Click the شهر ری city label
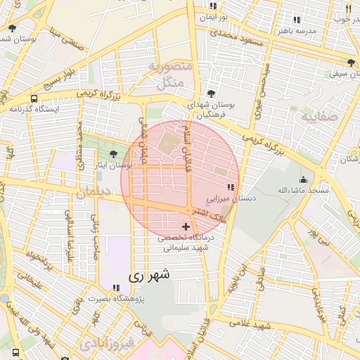click(x=150, y=276)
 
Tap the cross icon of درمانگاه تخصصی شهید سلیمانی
click(x=186, y=226)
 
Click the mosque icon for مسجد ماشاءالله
click(x=303, y=179)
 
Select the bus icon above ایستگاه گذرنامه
click(x=34, y=98)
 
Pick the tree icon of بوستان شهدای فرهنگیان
click(x=211, y=93)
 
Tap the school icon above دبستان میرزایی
click(x=231, y=188)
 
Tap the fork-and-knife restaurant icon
click(x=349, y=8)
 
